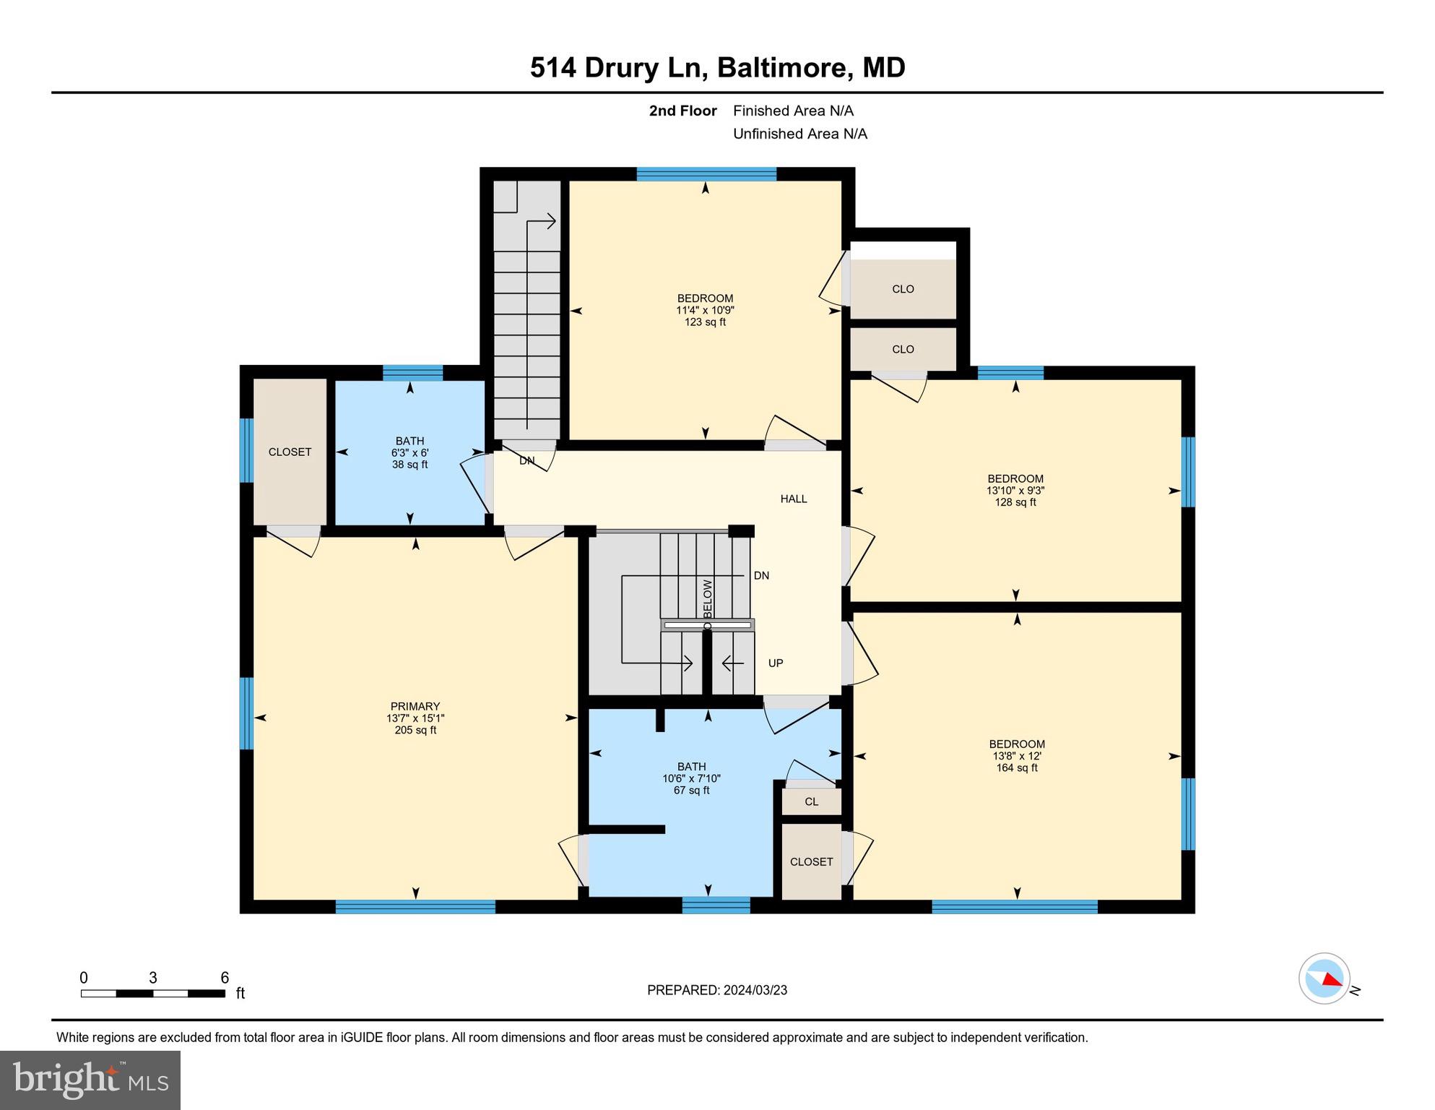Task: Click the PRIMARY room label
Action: pyautogui.click(x=415, y=706)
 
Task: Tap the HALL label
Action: pyautogui.click(x=793, y=499)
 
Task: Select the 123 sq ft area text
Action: pyautogui.click(x=705, y=322)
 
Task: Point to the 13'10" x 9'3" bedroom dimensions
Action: pyautogui.click(x=1015, y=490)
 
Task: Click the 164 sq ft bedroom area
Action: pyautogui.click(x=1017, y=767)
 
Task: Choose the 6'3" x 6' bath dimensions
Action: pyautogui.click(x=409, y=452)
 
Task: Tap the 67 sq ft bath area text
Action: pyautogui.click(x=691, y=791)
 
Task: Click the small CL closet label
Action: pyautogui.click(x=811, y=801)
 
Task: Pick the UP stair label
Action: pyautogui.click(x=776, y=663)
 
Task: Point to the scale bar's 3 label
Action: pyautogui.click(x=153, y=978)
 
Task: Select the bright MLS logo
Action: pyautogui.click(x=90, y=1080)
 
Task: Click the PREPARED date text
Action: pyautogui.click(x=716, y=990)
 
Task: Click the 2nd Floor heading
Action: pyautogui.click(x=682, y=111)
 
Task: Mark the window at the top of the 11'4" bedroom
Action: pyautogui.click(x=706, y=173)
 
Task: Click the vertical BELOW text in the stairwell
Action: pyautogui.click(x=708, y=598)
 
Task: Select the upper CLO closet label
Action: pyautogui.click(x=903, y=289)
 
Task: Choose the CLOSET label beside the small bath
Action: pyautogui.click(x=290, y=452)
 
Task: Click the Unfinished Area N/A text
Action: pyautogui.click(x=799, y=134)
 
